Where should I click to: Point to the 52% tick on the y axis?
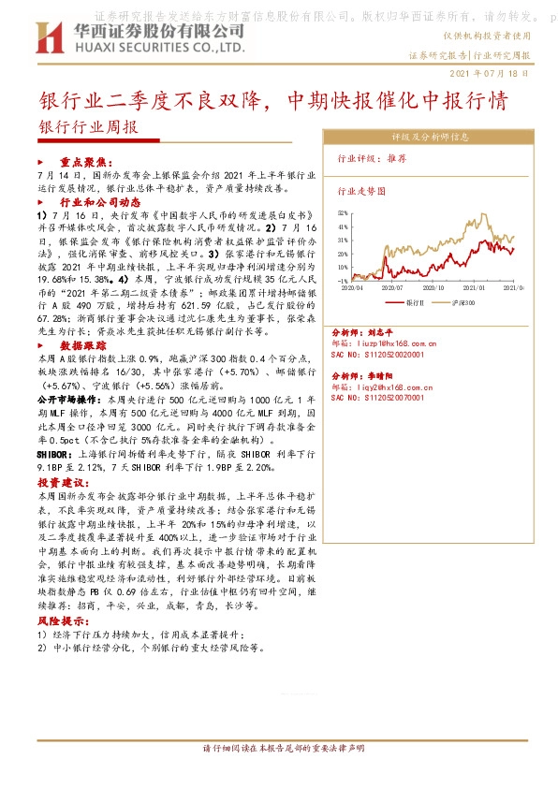pos(344,213)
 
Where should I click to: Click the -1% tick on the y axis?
pos(344,280)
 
